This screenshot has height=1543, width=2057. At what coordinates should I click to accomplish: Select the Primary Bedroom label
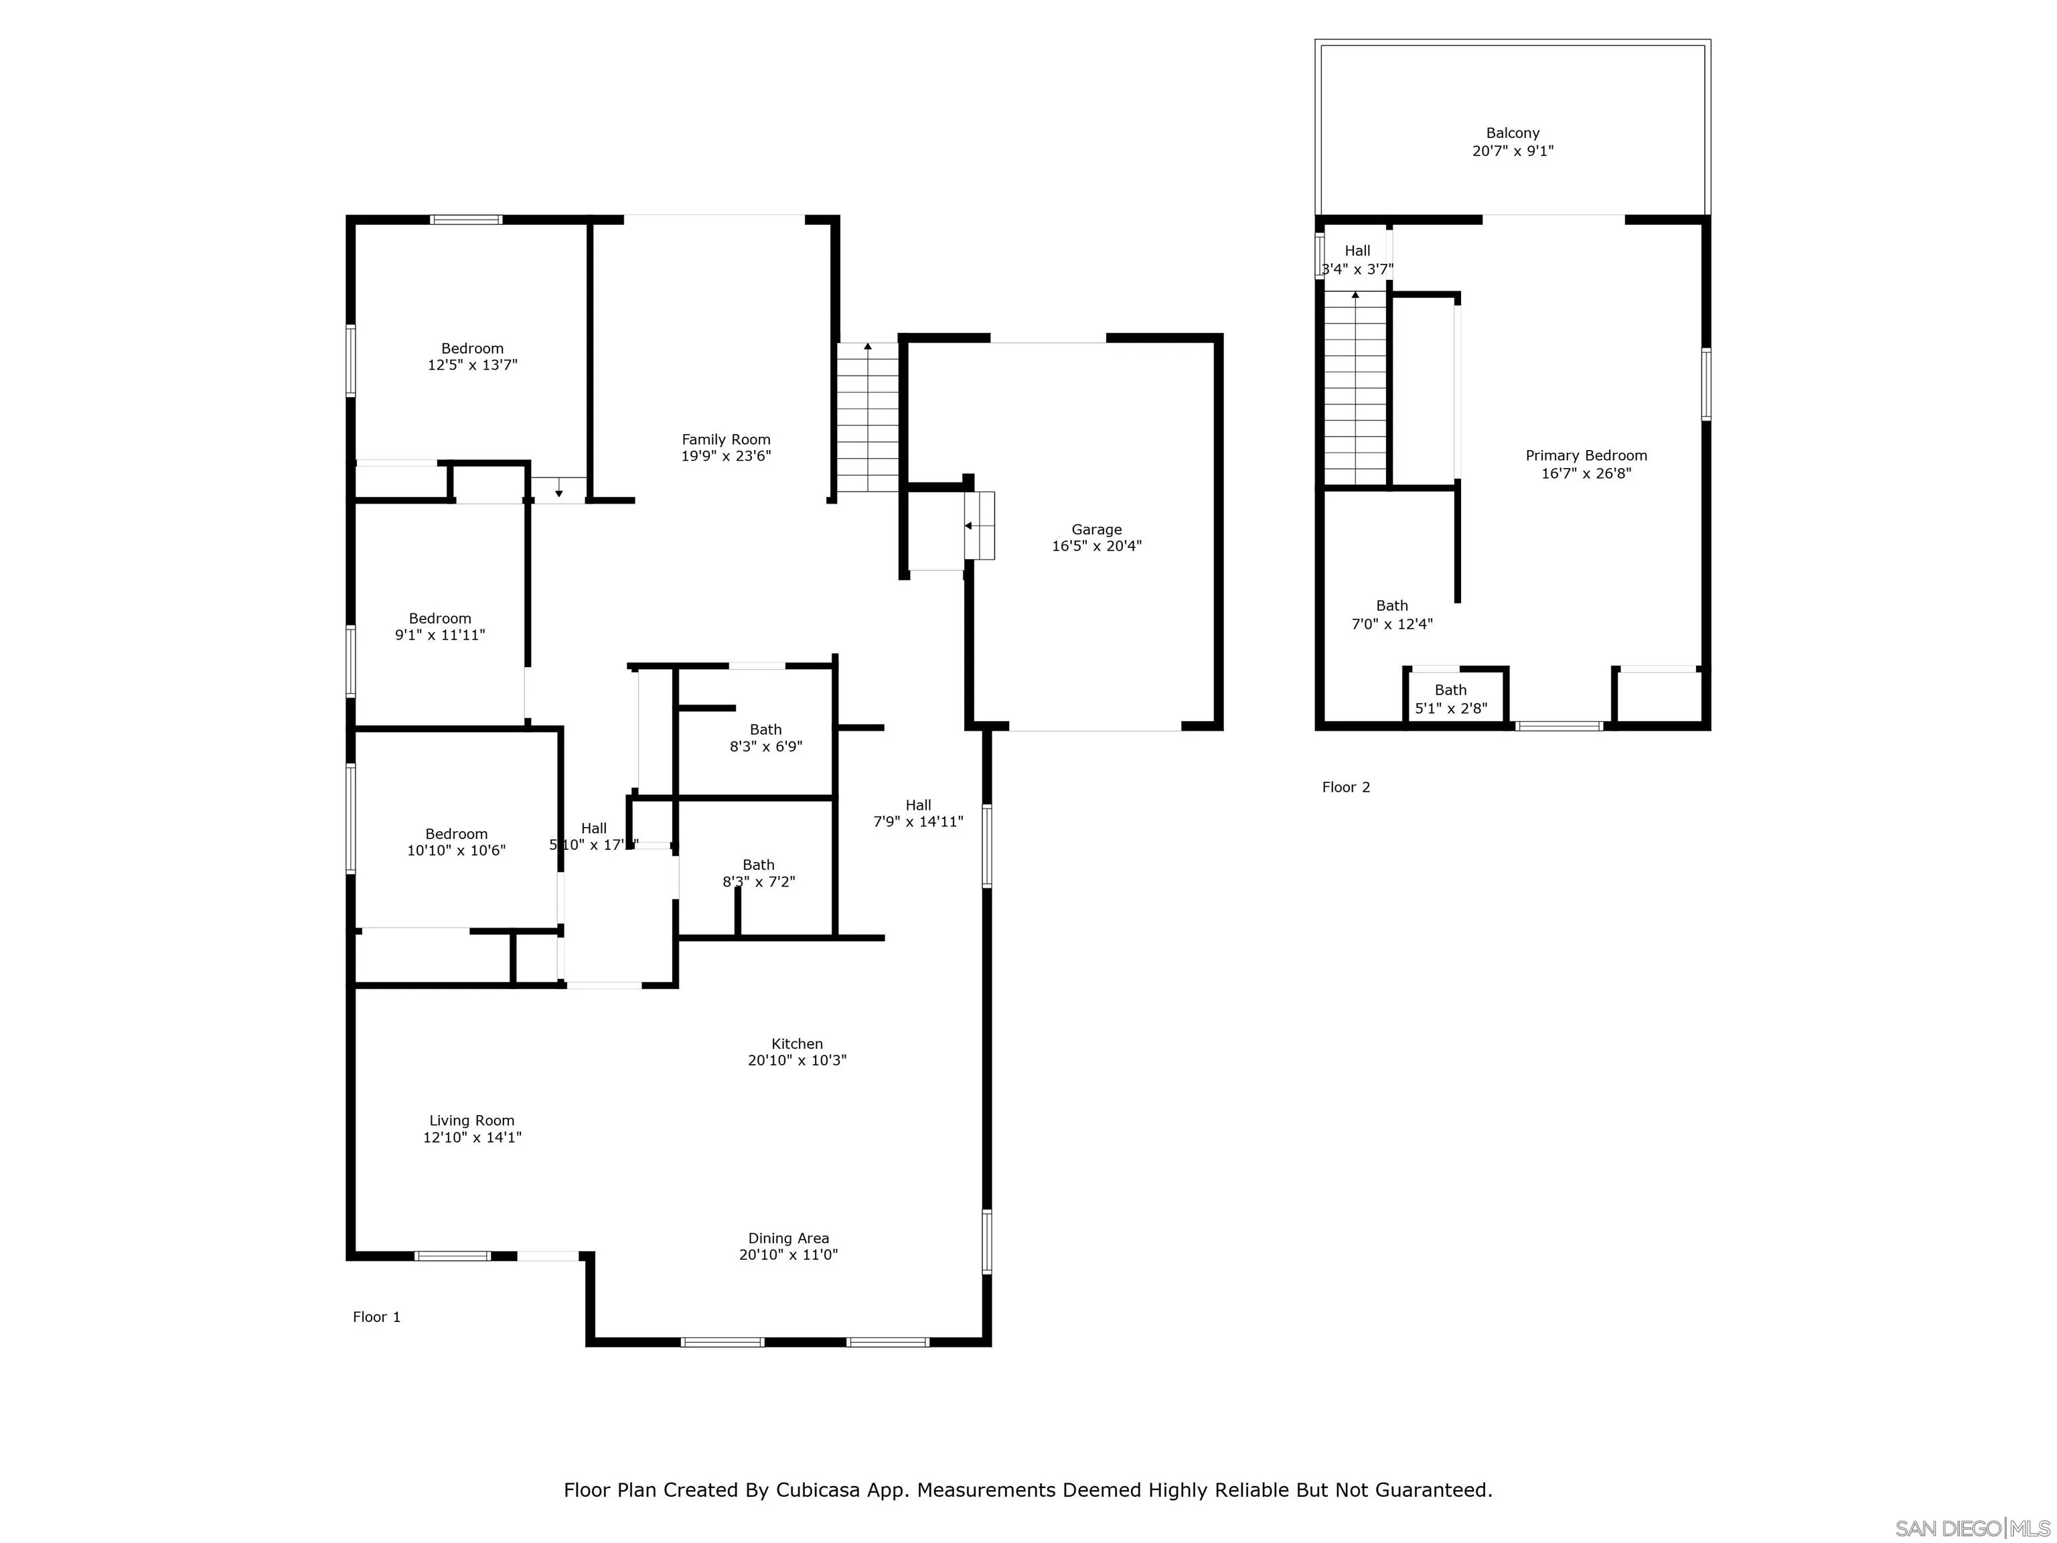1586,456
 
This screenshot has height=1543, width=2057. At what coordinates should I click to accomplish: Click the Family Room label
725,440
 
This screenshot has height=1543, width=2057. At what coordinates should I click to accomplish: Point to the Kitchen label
797,1043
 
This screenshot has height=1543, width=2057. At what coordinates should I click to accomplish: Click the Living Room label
471,1120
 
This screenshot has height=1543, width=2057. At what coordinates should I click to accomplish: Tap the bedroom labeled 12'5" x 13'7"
473,357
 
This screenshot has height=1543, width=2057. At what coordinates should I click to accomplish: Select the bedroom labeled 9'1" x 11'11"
440,627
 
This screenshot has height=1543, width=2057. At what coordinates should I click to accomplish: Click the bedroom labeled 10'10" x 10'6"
456,842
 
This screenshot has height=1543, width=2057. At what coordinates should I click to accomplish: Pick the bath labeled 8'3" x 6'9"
765,737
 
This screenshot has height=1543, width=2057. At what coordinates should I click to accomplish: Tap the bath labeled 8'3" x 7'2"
758,873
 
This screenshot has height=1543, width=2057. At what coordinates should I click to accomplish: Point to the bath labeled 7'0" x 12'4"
1391,615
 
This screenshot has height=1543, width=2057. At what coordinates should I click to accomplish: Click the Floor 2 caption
1346,788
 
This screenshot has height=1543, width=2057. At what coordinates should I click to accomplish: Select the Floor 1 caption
376,1317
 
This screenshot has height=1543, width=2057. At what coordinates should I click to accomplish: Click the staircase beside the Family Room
868,419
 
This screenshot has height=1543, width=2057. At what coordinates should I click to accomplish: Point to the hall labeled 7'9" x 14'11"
918,814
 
